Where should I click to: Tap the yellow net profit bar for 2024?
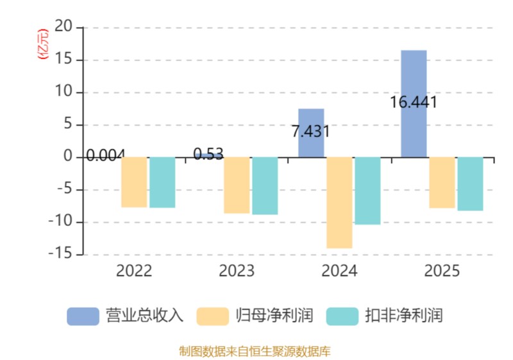pos(339,202)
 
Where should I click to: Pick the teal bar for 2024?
pos(367,191)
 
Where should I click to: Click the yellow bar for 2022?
pos(134,182)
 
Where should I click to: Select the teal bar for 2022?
pos(162,182)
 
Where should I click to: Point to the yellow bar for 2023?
pos(237,185)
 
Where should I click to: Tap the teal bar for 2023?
pos(265,185)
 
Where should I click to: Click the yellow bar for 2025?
pos(442,182)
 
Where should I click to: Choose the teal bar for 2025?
pos(470,184)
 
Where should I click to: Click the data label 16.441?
pos(413,102)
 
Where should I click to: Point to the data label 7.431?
pos(310,132)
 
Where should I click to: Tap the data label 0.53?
pos(208,154)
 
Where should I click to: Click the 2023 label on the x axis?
pos(237,271)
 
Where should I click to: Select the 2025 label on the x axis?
pos(442,271)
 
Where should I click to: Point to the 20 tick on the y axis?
pos(65,28)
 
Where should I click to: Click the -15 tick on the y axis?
pos(62,254)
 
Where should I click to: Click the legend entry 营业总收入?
pos(126,316)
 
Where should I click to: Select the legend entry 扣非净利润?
pos(385,316)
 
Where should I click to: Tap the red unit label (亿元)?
pos(43,44)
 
